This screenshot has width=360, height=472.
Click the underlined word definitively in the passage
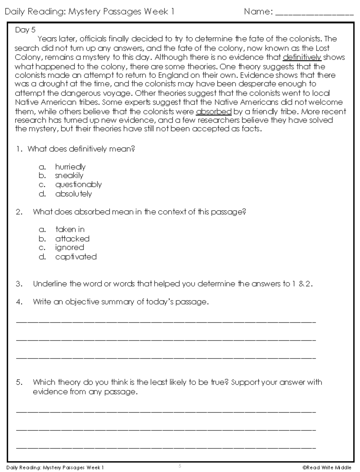pos(302,57)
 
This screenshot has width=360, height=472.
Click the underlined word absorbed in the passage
pos(214,112)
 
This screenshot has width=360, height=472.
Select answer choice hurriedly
pos(70,167)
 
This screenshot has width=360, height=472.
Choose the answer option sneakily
pos(69,176)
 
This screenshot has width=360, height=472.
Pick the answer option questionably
pos(78,185)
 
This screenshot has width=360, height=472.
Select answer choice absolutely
pos(73,194)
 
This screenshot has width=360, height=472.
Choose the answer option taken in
pos(70,230)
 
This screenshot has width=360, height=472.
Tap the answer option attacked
pos(72,239)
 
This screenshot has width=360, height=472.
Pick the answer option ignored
pos(70,248)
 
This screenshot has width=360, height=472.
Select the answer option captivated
pos(76,257)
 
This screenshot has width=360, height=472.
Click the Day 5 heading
pos(25,30)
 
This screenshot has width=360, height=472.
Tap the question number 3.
pos(19,284)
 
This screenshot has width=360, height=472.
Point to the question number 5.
pos(19,382)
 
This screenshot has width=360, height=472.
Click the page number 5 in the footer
pos(180,466)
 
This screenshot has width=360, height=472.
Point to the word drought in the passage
pos(49,84)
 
